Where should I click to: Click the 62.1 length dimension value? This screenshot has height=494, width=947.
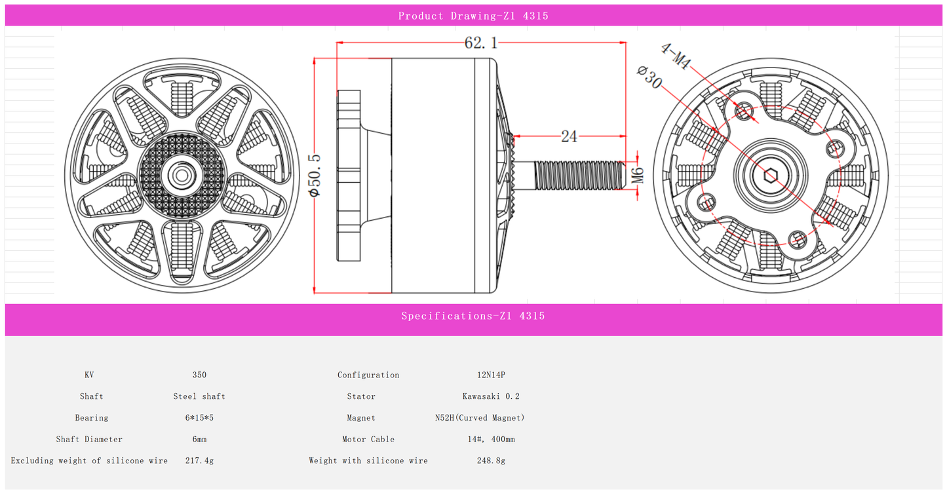click(x=481, y=43)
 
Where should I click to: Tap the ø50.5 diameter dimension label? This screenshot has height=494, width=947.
click(x=315, y=176)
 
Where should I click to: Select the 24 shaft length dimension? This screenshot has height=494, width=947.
click(x=569, y=136)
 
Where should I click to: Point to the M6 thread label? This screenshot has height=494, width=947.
click(x=638, y=176)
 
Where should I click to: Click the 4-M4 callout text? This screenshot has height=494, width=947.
click(x=676, y=56)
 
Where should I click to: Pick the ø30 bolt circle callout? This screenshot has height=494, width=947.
click(x=650, y=77)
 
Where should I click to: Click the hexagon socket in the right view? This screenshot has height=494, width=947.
click(x=771, y=176)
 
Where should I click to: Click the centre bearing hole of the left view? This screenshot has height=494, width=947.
click(x=182, y=176)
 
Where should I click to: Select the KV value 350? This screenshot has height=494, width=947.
click(x=199, y=375)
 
